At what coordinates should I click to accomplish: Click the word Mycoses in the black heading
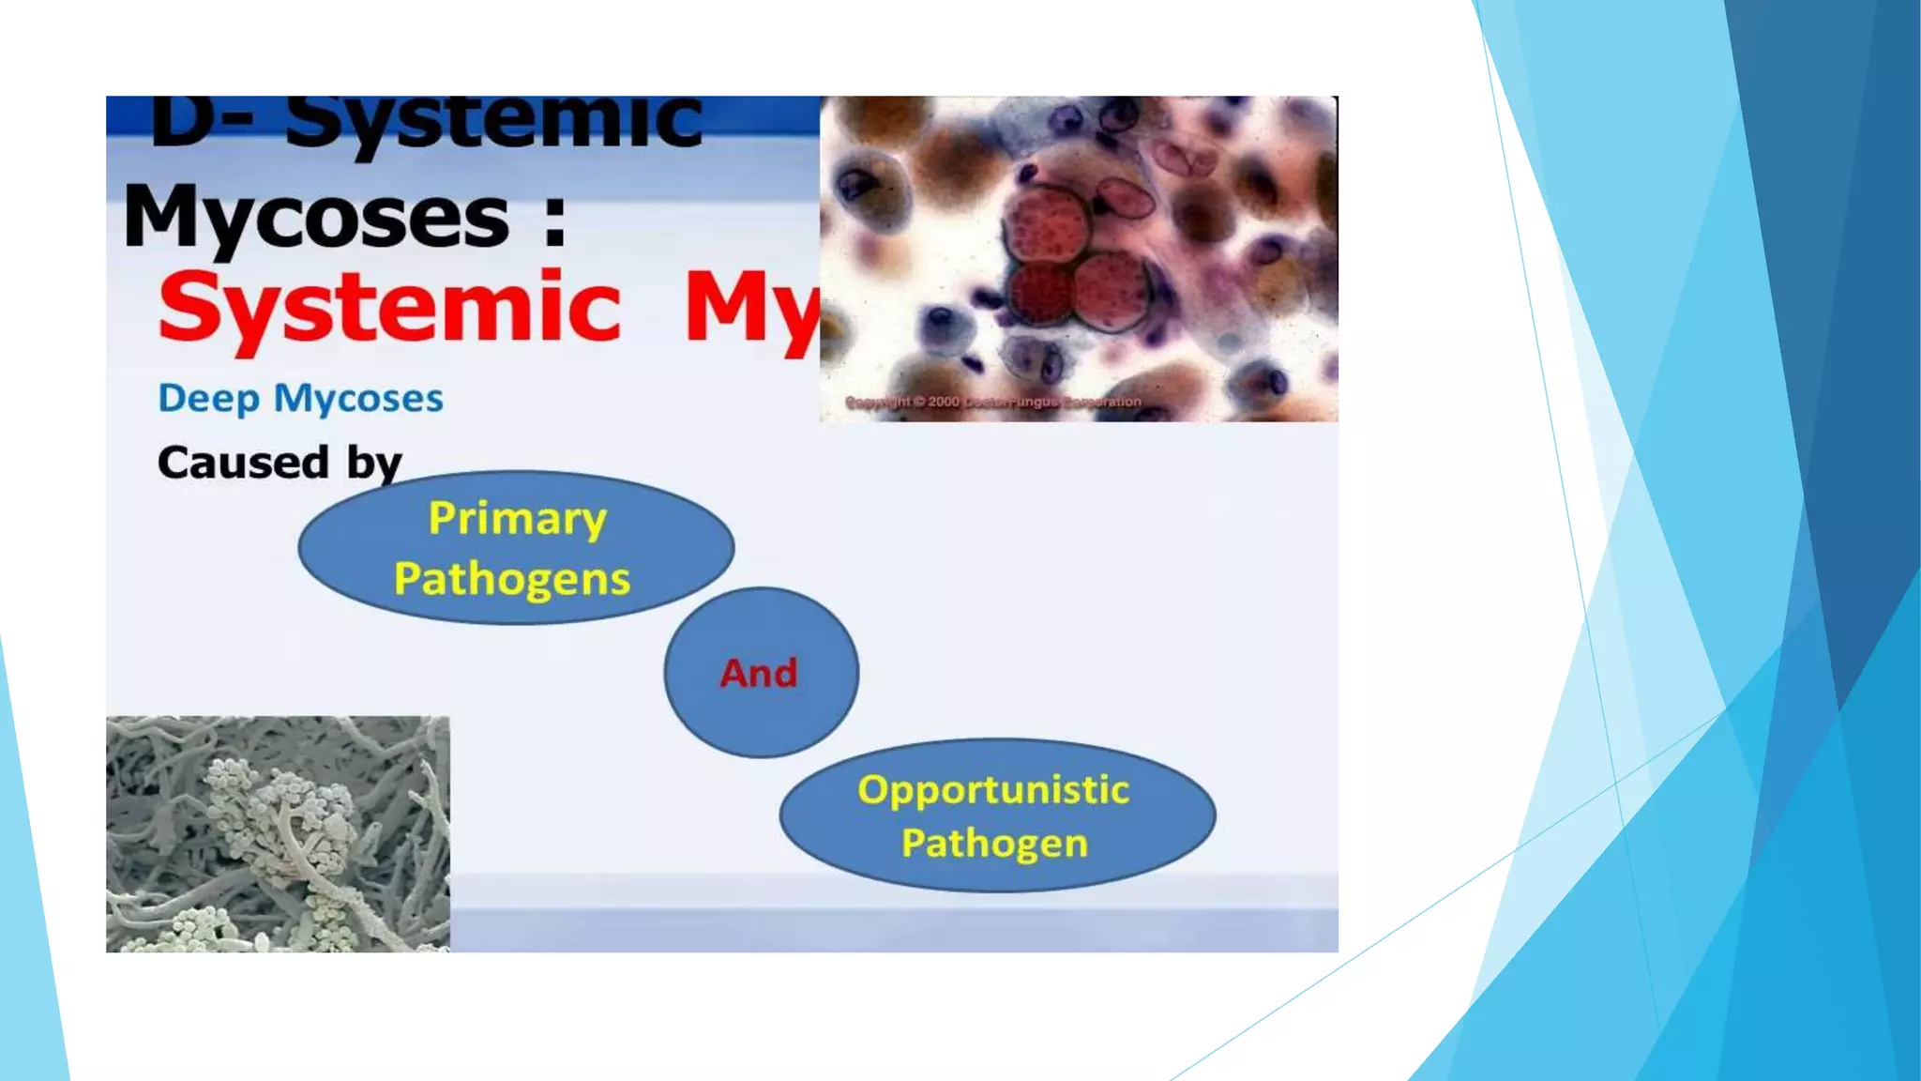[316, 218]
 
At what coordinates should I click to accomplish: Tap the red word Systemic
[389, 308]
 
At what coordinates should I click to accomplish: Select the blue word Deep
[208, 399]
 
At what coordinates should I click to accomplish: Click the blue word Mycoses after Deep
[358, 399]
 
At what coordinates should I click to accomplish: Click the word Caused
[243, 462]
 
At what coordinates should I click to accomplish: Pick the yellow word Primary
[517, 519]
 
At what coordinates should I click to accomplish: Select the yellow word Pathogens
[512, 578]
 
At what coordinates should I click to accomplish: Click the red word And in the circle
[759, 673]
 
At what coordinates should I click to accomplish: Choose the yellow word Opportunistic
[993, 789]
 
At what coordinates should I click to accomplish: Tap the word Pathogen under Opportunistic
[994, 843]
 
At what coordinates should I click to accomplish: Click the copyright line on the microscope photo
[992, 402]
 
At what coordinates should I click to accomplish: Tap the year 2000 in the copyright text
[944, 402]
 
